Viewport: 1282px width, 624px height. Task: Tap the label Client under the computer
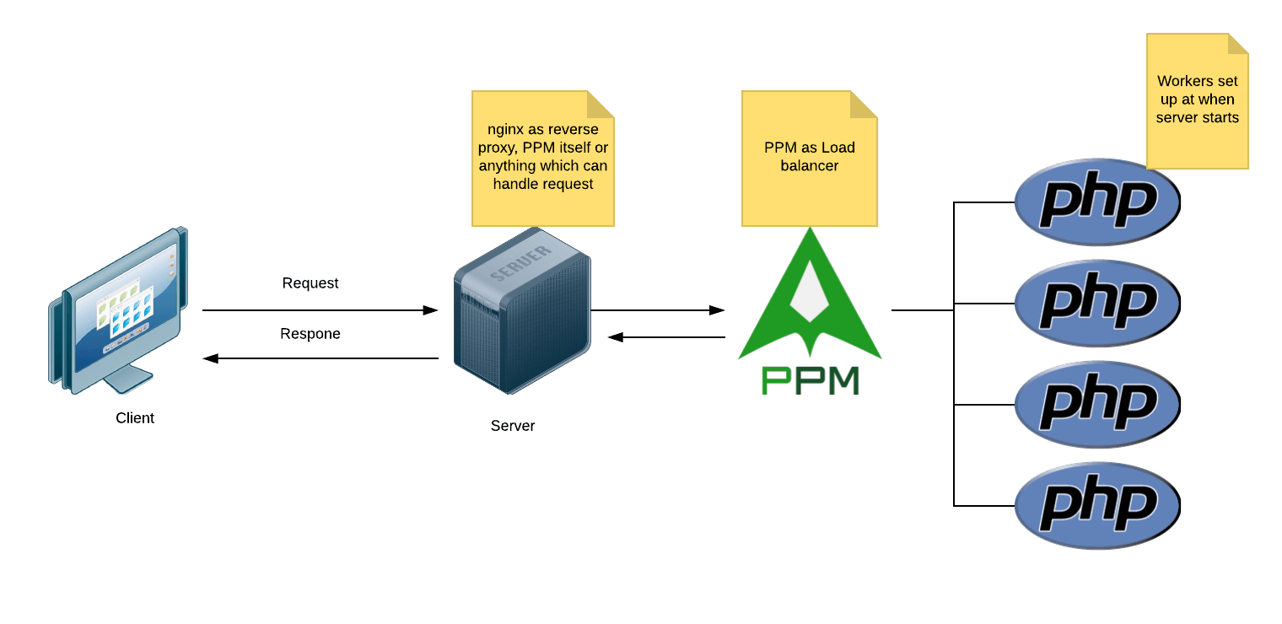[x=135, y=417]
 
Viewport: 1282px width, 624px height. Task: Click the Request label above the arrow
[x=310, y=283]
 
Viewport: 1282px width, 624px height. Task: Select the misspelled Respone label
[x=310, y=334]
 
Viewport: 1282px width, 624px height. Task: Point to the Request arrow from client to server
[x=320, y=310]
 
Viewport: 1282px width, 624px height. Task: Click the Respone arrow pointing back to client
[x=320, y=358]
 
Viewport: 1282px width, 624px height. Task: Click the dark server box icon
[x=521, y=312]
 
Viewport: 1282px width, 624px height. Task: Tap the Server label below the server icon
[x=513, y=426]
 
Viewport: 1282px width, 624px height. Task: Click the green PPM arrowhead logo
[x=810, y=295]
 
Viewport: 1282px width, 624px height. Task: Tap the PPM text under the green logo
[x=810, y=380]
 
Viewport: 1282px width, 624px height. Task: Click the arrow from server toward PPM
[x=658, y=310]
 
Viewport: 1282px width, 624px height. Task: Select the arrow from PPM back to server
[x=666, y=337]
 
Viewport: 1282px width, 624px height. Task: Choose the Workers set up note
[x=1197, y=101]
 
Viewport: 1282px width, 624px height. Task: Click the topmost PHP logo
[x=1096, y=203]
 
